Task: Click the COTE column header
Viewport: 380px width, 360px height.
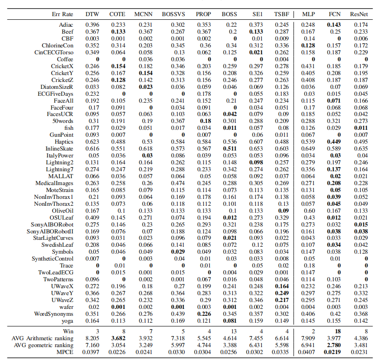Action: tap(117, 14)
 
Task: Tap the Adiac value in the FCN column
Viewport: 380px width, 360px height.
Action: tap(334, 24)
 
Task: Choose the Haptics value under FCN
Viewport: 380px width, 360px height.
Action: tap(334, 142)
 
